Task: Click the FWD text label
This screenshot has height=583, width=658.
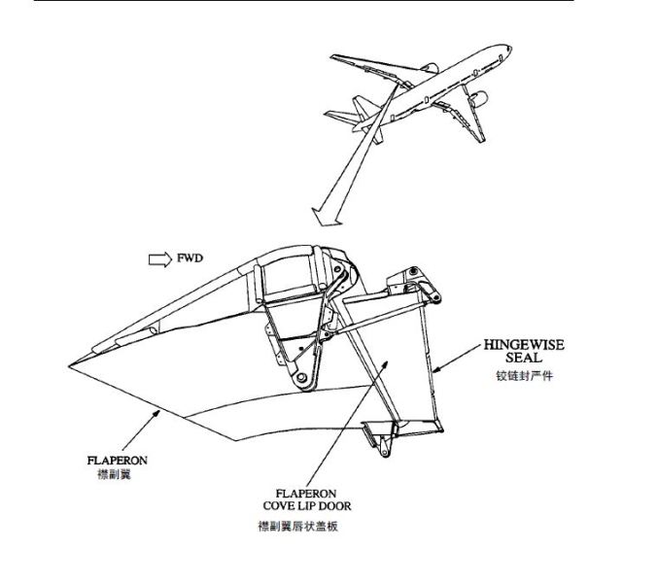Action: tap(189, 259)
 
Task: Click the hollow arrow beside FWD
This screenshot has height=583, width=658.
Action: tap(157, 259)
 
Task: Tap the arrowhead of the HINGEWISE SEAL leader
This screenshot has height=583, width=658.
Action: tap(433, 372)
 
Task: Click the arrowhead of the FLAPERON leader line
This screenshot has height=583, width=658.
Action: tap(160, 412)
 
